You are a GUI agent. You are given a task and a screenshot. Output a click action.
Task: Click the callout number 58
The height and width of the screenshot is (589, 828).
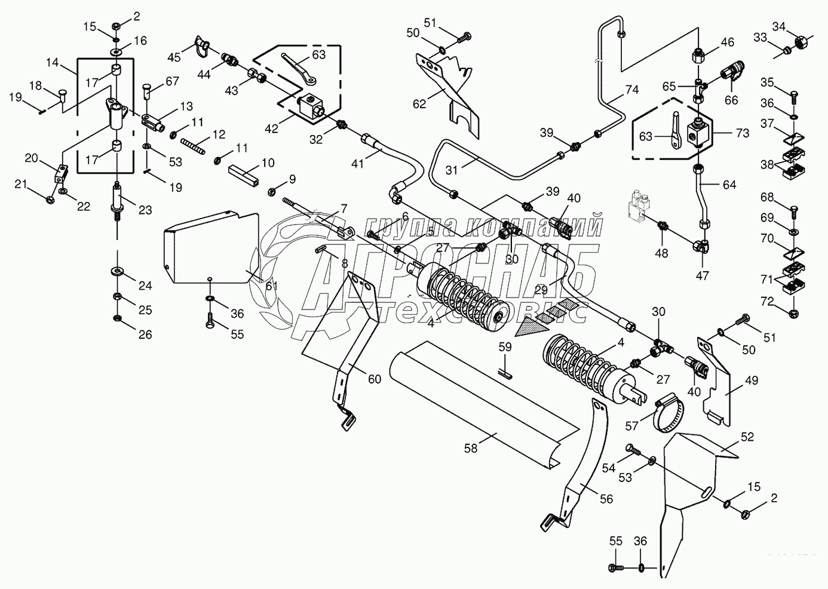click(x=471, y=448)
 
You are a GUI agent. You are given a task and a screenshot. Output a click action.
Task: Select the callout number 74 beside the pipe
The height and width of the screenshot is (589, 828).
click(x=631, y=90)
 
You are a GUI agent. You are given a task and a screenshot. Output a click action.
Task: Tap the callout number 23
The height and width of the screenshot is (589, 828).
click(x=146, y=210)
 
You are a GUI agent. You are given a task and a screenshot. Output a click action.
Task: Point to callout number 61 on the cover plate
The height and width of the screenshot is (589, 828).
click(x=271, y=286)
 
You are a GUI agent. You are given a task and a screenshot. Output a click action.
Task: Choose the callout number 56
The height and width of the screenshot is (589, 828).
click(x=606, y=499)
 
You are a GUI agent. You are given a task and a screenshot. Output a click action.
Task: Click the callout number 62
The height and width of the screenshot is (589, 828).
click(x=419, y=103)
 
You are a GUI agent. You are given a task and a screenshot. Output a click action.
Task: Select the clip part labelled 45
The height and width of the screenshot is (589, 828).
click(x=200, y=47)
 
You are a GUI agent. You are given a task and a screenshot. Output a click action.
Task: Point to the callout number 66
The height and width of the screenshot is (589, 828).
click(x=731, y=100)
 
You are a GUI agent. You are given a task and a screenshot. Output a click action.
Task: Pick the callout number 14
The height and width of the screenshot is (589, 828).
click(x=53, y=62)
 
